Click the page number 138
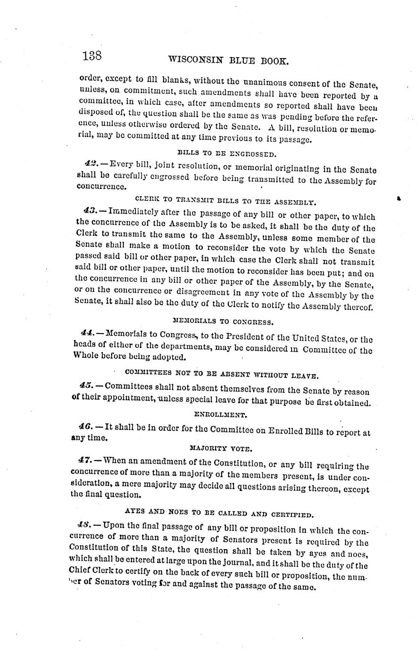coord(92,56)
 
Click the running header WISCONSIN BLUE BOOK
coord(228,60)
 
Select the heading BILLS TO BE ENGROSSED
coord(225,153)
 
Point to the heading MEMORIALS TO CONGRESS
coord(223,322)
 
